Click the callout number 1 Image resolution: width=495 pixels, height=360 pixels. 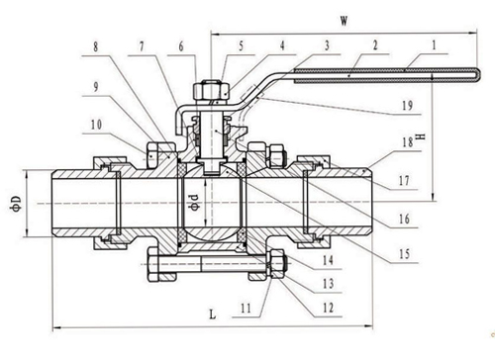435,45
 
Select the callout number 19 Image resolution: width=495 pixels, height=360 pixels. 408,106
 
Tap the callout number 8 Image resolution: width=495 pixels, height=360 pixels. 95,46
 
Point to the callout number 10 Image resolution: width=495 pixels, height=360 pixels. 96,125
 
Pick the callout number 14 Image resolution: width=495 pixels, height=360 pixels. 328,260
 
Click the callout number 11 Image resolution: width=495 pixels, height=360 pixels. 246,309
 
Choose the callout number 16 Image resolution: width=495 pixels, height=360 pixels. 404,219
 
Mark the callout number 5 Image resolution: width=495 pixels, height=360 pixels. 241,45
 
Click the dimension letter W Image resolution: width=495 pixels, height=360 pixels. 345,22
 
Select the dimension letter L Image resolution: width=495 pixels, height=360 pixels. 213,315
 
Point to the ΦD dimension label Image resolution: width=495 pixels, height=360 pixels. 17,204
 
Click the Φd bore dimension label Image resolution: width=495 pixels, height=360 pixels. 195,202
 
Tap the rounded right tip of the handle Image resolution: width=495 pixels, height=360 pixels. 477,75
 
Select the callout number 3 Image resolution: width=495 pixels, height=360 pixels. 327,45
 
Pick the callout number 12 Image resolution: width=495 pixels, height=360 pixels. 328,308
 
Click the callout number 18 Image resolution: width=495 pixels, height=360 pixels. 408,142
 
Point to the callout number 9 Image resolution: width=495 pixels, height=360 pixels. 96,87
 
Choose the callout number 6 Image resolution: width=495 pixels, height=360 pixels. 181,46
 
